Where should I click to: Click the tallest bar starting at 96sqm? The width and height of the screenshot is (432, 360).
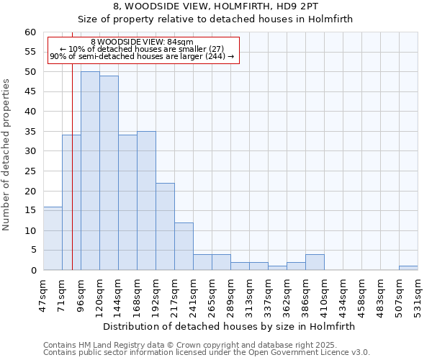pyautogui.click(x=90, y=171)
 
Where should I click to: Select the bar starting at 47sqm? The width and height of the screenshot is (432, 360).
pyautogui.click(x=53, y=238)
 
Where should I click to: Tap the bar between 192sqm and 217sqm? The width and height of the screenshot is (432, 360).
pyautogui.click(x=165, y=226)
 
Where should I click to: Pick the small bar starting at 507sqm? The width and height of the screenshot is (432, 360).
pyautogui.click(x=408, y=268)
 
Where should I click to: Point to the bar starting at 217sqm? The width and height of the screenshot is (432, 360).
pyautogui.click(x=184, y=246)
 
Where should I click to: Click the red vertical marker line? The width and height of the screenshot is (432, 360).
pyautogui.click(x=72, y=180)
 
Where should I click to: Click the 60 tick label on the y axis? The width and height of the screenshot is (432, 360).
pyautogui.click(x=30, y=32)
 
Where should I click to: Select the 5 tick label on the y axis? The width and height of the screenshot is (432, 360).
pyautogui.click(x=32, y=251)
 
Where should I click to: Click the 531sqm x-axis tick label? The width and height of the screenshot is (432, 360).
pyautogui.click(x=418, y=294)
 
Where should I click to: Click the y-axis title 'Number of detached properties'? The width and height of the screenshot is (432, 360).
pyautogui.click(x=6, y=155)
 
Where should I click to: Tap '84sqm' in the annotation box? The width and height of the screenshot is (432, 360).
pyautogui.click(x=181, y=42)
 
